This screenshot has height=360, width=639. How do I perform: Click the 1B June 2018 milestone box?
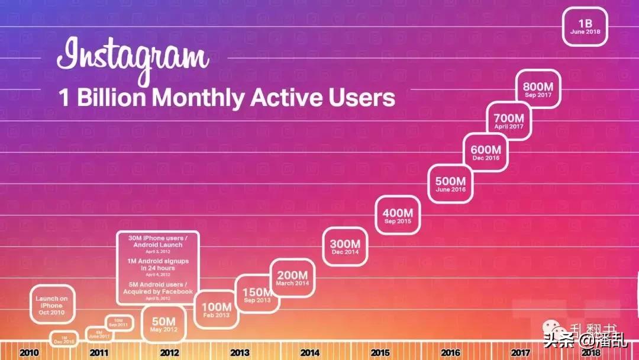coord(585,26)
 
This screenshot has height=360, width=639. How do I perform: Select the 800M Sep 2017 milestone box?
coord(538,89)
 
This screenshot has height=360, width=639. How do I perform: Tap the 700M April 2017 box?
coord(509,121)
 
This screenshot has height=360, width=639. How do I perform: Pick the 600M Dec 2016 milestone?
coord(486,153)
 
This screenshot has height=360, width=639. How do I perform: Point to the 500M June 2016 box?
coord(450,184)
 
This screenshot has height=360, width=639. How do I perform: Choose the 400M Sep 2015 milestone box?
coord(397,216)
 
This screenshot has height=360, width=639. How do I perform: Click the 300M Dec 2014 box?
coord(345,246)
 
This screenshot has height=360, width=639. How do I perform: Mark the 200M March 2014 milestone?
coord(292,278)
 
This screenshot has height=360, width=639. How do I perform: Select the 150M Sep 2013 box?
coord(257,294)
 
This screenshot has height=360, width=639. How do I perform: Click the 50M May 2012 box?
coord(164,324)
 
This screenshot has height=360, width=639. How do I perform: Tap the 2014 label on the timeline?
coord(309,353)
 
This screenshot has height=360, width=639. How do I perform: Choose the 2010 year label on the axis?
coord(29,353)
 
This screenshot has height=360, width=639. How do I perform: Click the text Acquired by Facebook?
coord(158,291)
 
